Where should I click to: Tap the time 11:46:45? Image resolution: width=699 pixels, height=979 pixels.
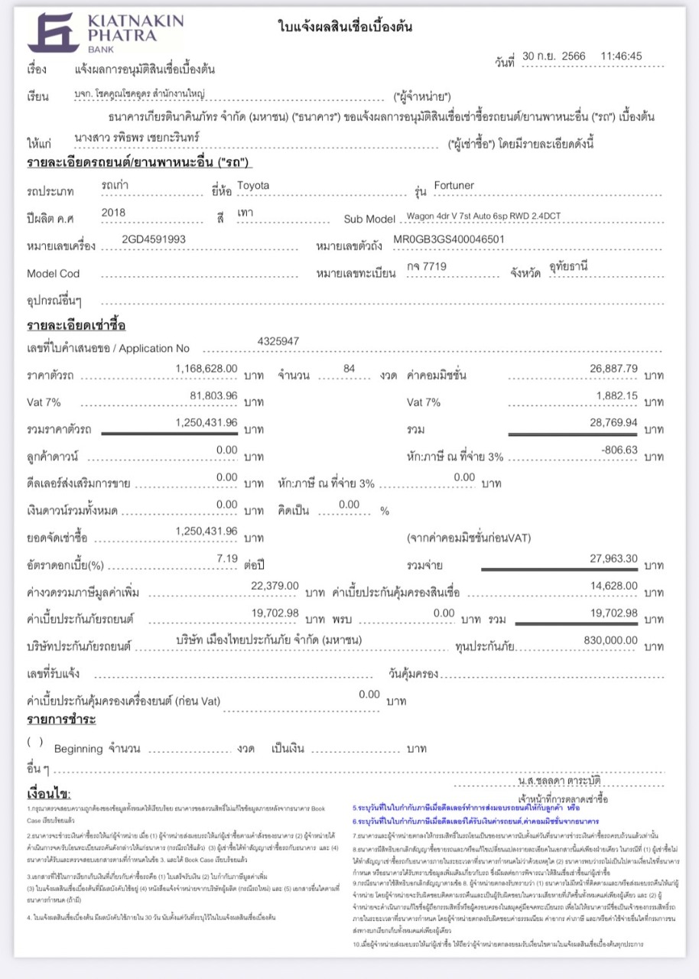(621, 56)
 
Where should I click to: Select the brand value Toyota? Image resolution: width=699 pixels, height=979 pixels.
(253, 186)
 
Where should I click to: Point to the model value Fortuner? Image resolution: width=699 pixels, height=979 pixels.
(454, 186)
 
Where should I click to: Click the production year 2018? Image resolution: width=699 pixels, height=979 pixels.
(113, 213)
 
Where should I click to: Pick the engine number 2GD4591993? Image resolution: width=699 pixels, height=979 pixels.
(154, 239)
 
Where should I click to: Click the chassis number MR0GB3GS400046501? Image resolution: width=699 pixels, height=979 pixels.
(449, 239)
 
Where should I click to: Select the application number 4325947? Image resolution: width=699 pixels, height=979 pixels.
(279, 341)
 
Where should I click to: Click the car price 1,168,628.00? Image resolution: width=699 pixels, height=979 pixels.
(206, 369)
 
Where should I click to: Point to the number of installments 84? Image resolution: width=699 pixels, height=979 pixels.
(349, 369)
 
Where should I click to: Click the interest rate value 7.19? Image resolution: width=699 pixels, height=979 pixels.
(227, 558)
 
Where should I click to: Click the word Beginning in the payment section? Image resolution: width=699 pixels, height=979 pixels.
(79, 748)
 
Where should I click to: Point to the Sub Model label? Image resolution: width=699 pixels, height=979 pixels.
(369, 220)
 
